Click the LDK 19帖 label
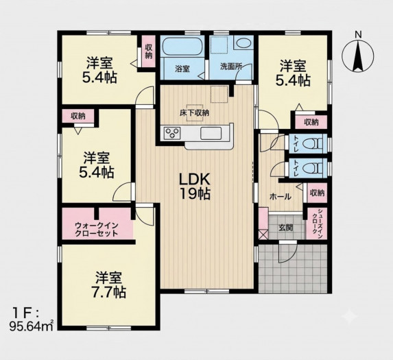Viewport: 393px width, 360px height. click(x=194, y=186)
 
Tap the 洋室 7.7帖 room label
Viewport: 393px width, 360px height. click(x=109, y=285)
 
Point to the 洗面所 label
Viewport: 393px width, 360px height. click(x=231, y=67)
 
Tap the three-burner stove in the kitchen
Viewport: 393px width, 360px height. click(x=172, y=132)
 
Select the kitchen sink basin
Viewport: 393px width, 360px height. click(x=211, y=133)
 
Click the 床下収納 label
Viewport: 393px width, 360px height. click(x=194, y=113)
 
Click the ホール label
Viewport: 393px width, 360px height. click(x=281, y=197)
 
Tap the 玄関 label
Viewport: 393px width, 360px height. click(x=286, y=228)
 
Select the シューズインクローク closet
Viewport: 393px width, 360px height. click(x=317, y=224)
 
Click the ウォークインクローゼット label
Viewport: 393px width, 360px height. click(x=97, y=229)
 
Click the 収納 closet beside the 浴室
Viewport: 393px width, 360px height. click(x=149, y=51)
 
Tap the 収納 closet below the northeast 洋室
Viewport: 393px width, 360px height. click(x=311, y=122)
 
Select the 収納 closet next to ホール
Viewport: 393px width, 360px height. click(x=317, y=193)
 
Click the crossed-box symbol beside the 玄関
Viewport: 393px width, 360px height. click(x=263, y=235)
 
